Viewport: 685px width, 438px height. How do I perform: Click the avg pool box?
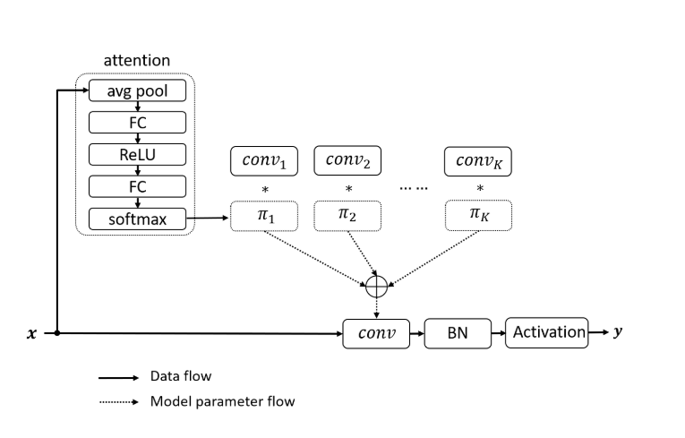click(137, 90)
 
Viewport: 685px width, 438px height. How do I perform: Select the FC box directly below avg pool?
click(137, 123)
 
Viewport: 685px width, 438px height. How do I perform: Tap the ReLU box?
click(137, 154)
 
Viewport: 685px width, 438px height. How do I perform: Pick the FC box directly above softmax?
click(137, 186)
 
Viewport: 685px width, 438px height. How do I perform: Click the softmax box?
click(137, 218)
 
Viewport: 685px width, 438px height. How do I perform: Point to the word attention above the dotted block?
click(137, 61)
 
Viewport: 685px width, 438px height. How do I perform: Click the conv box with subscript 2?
click(347, 161)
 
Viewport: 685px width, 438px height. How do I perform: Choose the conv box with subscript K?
click(479, 161)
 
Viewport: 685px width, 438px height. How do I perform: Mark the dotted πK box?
click(479, 217)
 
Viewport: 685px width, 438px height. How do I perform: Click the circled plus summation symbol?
click(377, 286)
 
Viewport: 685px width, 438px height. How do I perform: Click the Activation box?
click(546, 332)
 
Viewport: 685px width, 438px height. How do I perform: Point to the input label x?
click(32, 333)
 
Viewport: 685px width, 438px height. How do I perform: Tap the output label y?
click(617, 332)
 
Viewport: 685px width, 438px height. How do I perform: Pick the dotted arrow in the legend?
click(118, 401)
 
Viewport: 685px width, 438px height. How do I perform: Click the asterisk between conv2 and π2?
click(348, 190)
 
